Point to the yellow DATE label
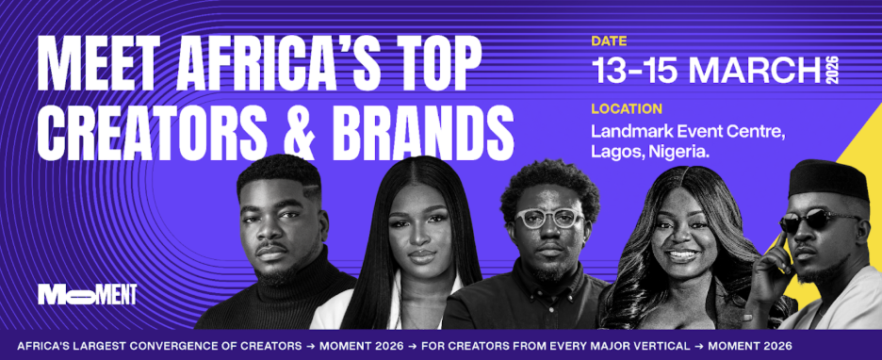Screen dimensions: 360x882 point(610,41)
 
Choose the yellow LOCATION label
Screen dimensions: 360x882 point(626,108)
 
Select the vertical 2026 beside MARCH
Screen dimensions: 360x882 point(832,70)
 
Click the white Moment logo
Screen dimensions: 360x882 point(88,294)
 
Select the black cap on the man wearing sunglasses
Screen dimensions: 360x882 point(826,179)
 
